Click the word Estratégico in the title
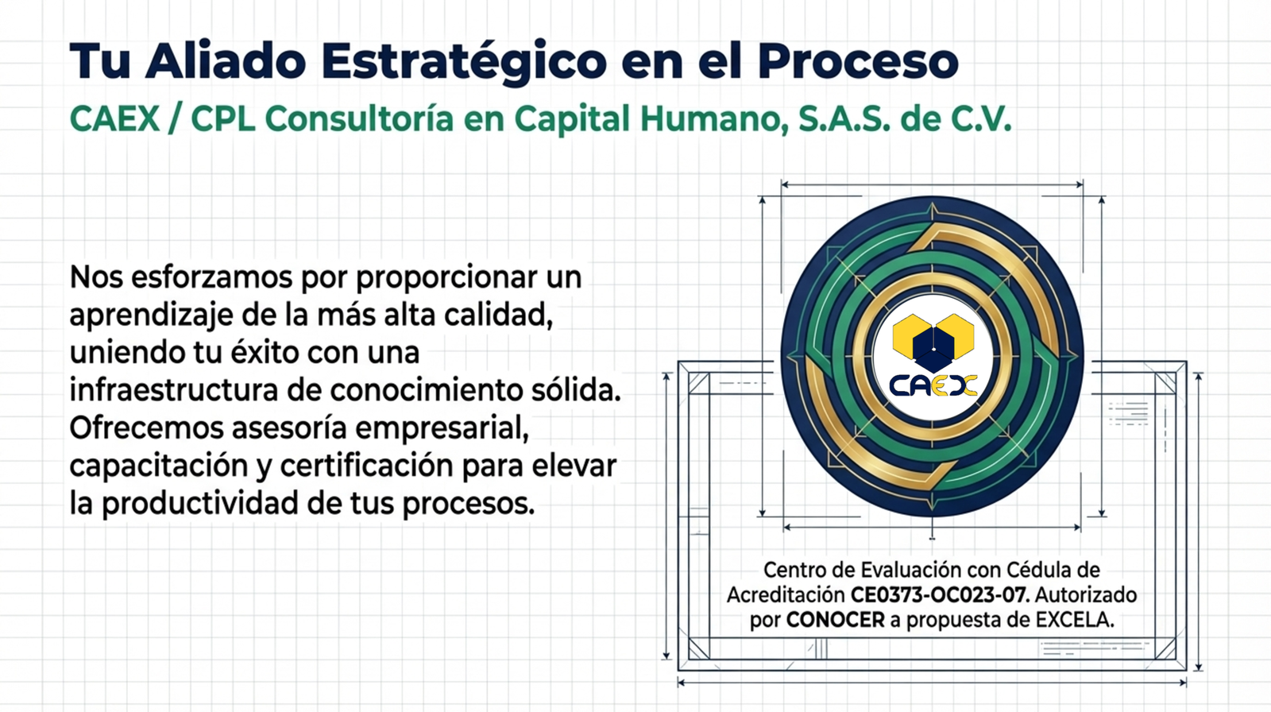click(464, 61)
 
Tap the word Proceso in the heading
click(859, 60)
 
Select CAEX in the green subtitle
click(114, 118)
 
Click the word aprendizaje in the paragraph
click(151, 316)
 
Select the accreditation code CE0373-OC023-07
click(940, 595)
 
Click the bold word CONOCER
click(835, 620)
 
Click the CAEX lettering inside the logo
click(933, 386)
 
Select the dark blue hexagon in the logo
click(933, 347)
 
